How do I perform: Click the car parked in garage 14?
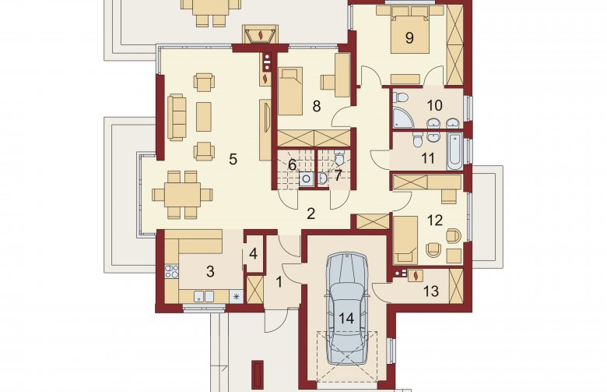[x=346, y=308]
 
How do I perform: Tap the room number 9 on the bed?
[x=409, y=37]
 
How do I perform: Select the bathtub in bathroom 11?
[x=455, y=151]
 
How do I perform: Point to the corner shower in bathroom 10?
[x=402, y=117]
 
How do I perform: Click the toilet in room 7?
[x=339, y=158]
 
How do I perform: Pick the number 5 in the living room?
[x=233, y=159]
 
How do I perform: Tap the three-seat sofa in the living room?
[x=177, y=116]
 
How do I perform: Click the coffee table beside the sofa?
[x=204, y=117]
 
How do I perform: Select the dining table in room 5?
[x=182, y=194]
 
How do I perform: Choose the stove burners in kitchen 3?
[x=172, y=271]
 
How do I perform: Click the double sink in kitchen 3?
[x=204, y=296]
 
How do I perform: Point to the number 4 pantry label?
[x=254, y=254]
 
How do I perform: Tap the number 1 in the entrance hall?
[x=279, y=282]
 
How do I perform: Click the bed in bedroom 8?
[x=290, y=91]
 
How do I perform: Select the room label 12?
[x=435, y=221]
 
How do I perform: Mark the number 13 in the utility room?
[x=431, y=291]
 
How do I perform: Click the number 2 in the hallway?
[x=311, y=214]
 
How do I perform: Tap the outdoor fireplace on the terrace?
[x=260, y=34]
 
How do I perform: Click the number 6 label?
[x=293, y=164]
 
